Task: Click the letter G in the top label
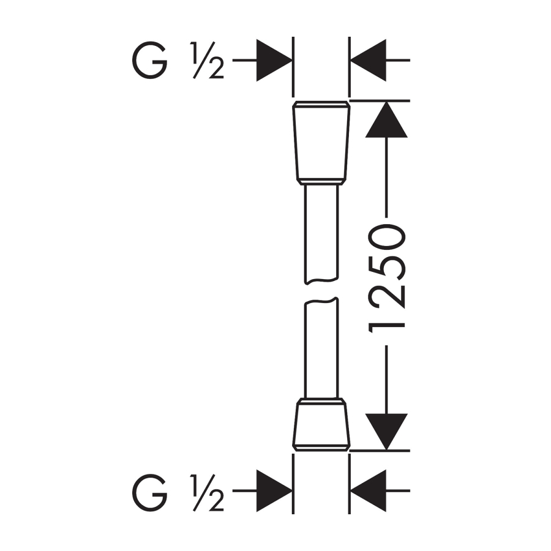(149, 60)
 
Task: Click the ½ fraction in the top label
(208, 60)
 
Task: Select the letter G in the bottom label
(149, 493)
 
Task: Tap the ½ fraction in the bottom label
(208, 493)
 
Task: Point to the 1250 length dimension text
(386, 279)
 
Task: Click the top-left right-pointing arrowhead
(274, 60)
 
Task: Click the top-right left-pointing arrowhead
(369, 60)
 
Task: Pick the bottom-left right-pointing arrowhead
(274, 490)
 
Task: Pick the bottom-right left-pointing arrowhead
(369, 490)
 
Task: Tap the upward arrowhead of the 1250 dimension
(386, 119)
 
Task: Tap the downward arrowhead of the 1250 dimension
(386, 432)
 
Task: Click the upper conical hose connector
(321, 143)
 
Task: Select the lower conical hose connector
(321, 424)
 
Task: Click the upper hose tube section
(321, 234)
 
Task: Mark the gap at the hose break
(321, 291)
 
